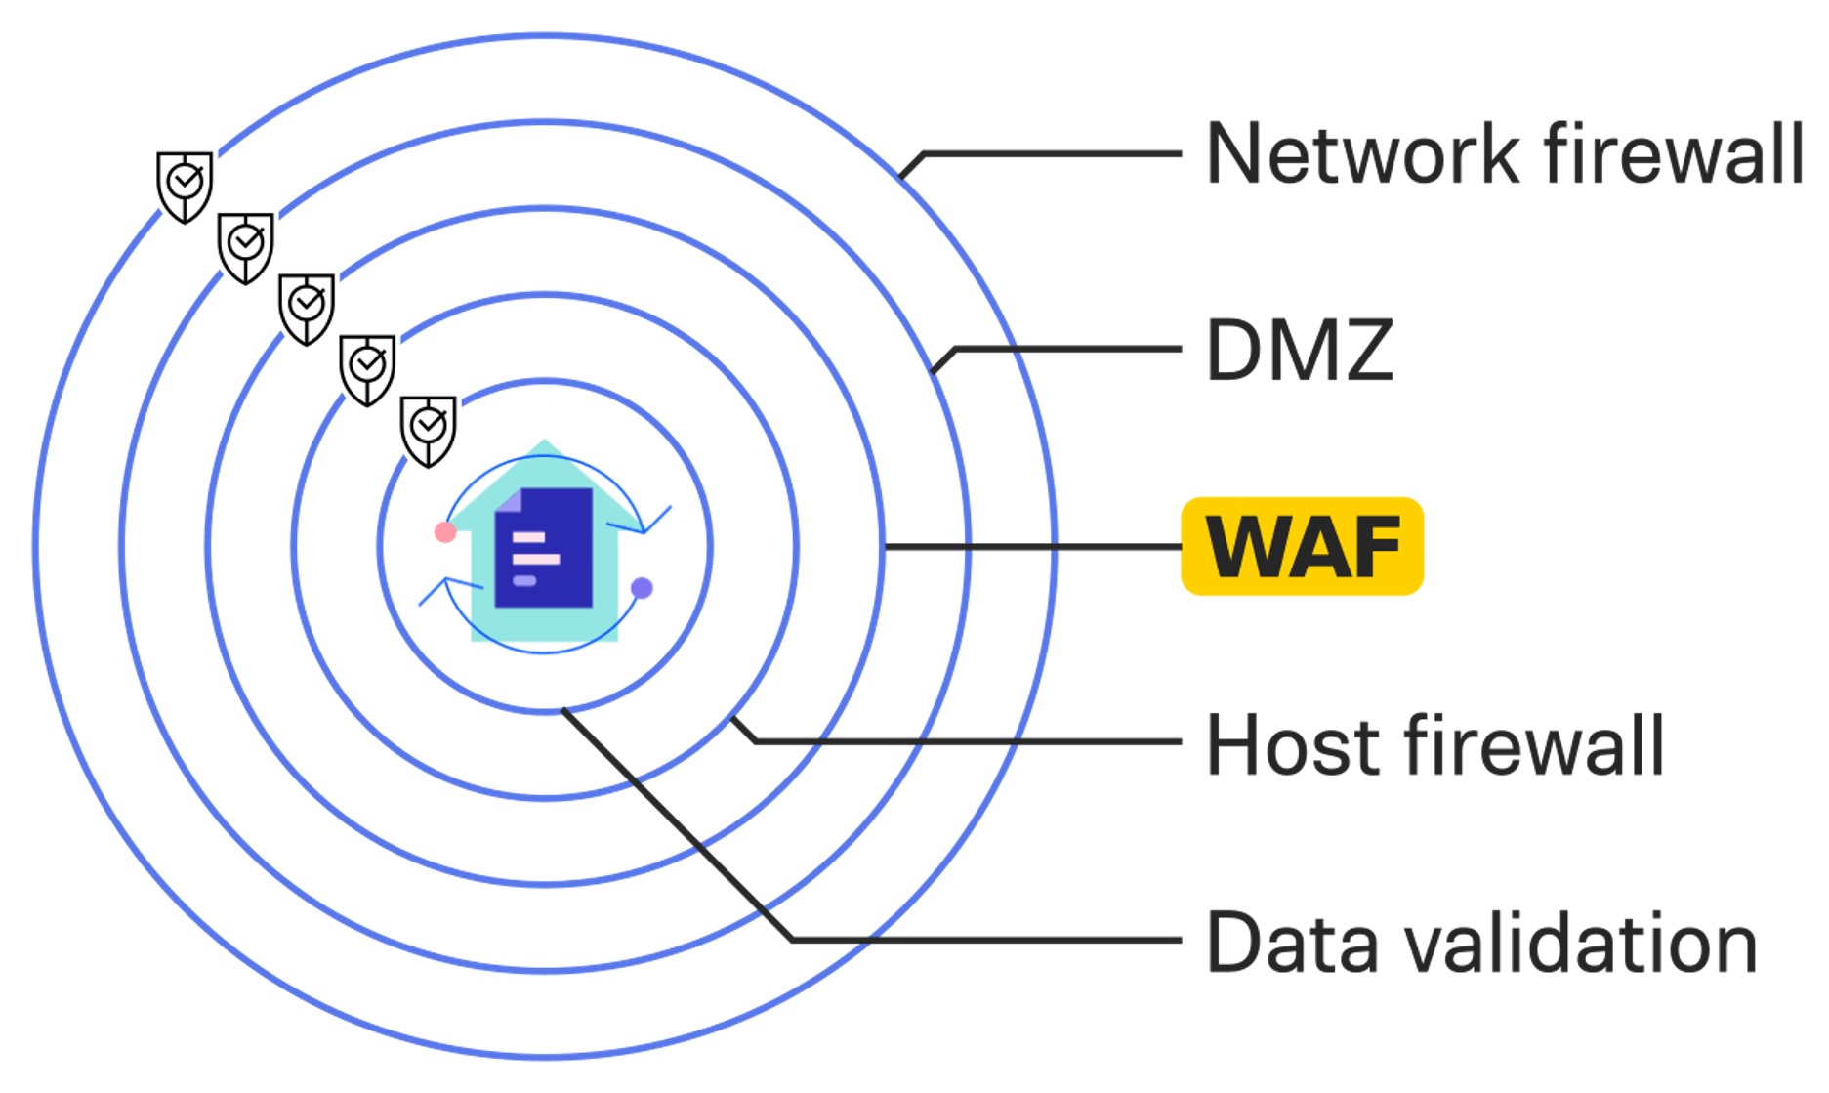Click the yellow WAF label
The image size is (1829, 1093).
click(x=1302, y=546)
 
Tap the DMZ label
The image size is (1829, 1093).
click(x=1299, y=350)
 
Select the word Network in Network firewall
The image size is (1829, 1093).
click(x=1363, y=153)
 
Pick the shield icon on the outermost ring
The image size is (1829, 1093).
click(x=184, y=186)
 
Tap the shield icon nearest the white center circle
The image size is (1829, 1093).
click(x=428, y=428)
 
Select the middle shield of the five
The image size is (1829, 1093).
click(x=307, y=307)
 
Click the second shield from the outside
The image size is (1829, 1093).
click(x=245, y=246)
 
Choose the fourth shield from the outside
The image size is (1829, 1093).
click(x=367, y=367)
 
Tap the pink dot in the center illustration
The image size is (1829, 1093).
click(x=445, y=532)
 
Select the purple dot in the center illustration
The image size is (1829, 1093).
click(x=642, y=588)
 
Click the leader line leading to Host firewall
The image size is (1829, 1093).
click(x=977, y=743)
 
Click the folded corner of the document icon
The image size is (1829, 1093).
click(x=509, y=500)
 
